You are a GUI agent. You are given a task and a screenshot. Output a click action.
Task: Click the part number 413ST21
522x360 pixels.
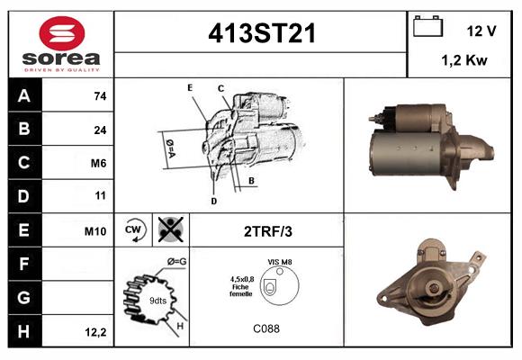[262, 34]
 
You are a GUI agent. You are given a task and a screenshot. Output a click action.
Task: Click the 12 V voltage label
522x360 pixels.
[481, 31]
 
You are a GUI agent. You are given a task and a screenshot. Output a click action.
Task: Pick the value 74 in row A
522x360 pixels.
[100, 95]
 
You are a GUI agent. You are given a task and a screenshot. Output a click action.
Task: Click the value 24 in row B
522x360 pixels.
[100, 130]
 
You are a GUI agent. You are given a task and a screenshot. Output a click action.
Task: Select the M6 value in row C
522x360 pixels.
[100, 163]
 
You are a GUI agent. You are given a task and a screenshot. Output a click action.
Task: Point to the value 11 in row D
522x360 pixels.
[100, 196]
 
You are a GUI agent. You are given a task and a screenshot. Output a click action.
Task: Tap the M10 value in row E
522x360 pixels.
[95, 230]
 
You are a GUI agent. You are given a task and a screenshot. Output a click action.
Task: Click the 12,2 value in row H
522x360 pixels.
[95, 332]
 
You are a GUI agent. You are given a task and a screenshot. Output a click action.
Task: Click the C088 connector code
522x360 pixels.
[266, 329]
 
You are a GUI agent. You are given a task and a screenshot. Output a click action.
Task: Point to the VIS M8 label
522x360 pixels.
[281, 261]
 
